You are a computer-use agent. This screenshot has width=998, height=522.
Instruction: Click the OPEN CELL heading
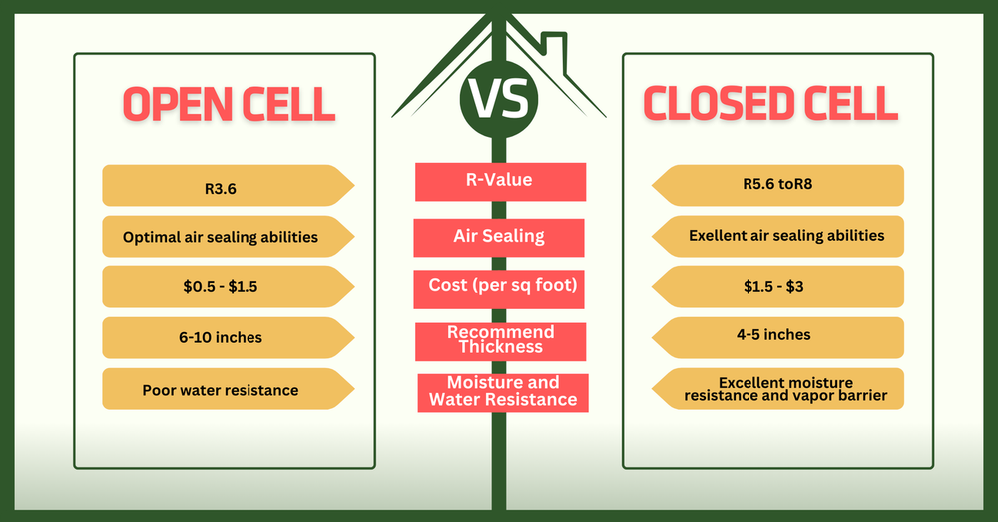point(228,103)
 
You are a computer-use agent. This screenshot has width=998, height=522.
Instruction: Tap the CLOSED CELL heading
point(769,103)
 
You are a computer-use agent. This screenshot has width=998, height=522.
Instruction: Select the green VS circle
point(498,100)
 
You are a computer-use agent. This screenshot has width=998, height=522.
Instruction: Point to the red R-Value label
point(500,182)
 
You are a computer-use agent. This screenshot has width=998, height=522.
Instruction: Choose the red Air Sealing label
point(498,237)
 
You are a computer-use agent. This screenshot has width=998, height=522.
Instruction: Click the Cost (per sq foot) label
point(500,287)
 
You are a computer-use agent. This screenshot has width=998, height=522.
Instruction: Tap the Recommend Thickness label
point(500,340)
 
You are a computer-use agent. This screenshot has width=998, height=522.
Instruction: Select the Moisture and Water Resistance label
point(502,392)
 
